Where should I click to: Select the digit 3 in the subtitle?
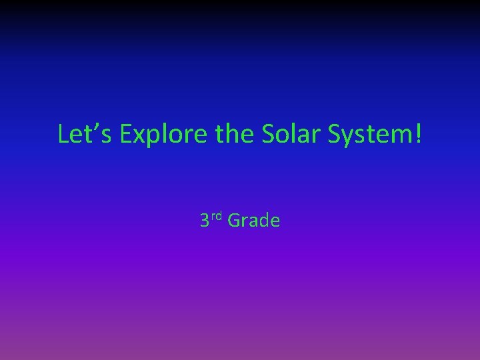click(205, 221)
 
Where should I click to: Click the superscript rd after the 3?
click(217, 217)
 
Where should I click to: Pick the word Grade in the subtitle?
click(254, 221)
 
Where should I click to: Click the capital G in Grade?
click(234, 221)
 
